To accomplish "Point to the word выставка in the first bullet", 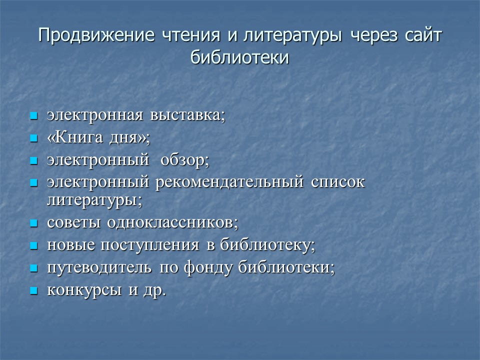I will coord(187,115).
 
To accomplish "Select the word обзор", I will coord(184,160).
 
